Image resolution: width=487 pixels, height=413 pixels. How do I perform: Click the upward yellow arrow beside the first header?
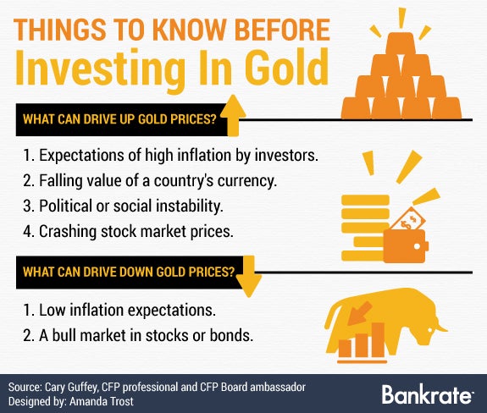pos(233,116)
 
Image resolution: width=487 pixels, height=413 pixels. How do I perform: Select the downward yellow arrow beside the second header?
pos(249,276)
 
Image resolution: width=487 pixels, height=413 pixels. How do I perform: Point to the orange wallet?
pos(406,246)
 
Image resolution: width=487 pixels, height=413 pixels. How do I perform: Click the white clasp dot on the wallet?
pos(417,246)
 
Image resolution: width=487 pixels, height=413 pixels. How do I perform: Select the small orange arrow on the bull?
pos(360,313)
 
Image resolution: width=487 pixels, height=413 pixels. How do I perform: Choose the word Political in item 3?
pos(65,206)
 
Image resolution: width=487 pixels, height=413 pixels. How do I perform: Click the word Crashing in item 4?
pos(68,232)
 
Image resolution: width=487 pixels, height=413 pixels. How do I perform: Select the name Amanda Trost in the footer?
pos(102,401)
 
